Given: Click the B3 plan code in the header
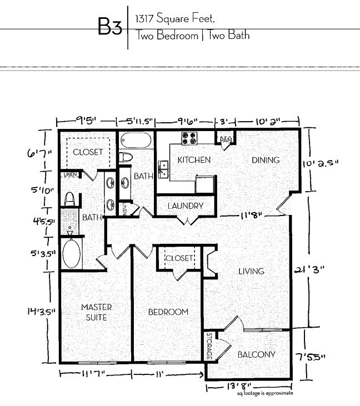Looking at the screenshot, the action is point(109,27).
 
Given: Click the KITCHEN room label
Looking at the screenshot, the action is point(193,160).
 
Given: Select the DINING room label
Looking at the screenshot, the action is point(266,160).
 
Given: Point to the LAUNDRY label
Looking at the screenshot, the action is point(186,206).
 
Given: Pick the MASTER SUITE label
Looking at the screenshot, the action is point(97,312).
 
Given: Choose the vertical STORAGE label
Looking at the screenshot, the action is point(209,345).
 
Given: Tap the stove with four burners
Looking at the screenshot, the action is point(189,137).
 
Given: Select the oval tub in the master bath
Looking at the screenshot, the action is point(71,254).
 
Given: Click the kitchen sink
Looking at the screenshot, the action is point(163,168).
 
